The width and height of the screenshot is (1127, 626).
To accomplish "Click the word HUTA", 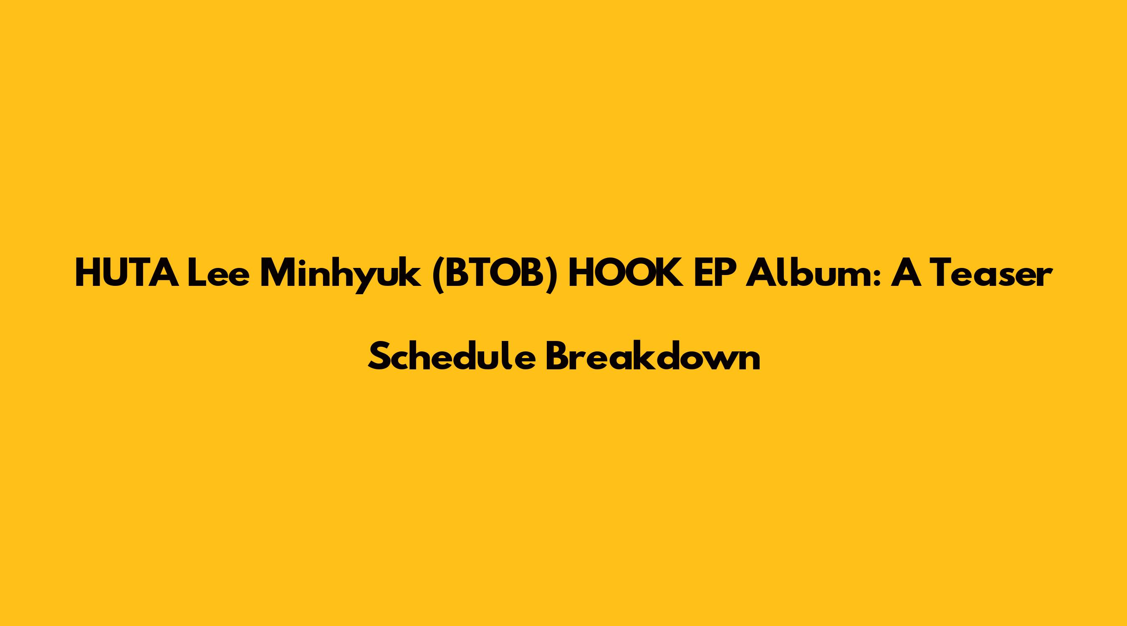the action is point(127,273).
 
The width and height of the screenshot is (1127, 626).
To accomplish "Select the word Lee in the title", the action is point(221,273).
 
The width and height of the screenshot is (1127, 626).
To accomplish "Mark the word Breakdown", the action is point(653,355).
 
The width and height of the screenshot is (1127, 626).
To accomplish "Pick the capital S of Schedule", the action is point(379,355).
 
